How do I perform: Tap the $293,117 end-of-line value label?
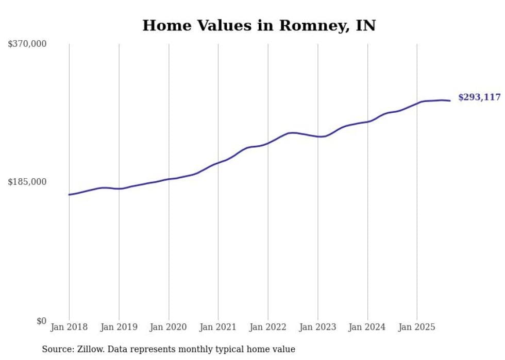click(x=479, y=97)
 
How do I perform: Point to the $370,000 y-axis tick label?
click(x=27, y=44)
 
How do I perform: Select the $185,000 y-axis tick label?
click(x=27, y=182)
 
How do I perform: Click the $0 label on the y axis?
click(x=41, y=321)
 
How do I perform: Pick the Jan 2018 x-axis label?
click(x=69, y=327)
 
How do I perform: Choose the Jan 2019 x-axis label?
click(x=119, y=327)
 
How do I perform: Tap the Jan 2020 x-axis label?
click(x=169, y=327)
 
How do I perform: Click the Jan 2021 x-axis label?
click(x=218, y=327)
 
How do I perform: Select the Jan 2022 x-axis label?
click(x=268, y=327)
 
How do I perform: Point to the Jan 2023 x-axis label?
click(x=318, y=327)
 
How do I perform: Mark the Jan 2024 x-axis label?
click(x=367, y=327)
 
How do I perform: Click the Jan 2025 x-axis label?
click(x=417, y=327)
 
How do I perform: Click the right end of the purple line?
click(x=450, y=100)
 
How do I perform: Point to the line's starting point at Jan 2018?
click(x=69, y=195)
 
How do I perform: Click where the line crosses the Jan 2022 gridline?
click(x=268, y=143)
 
